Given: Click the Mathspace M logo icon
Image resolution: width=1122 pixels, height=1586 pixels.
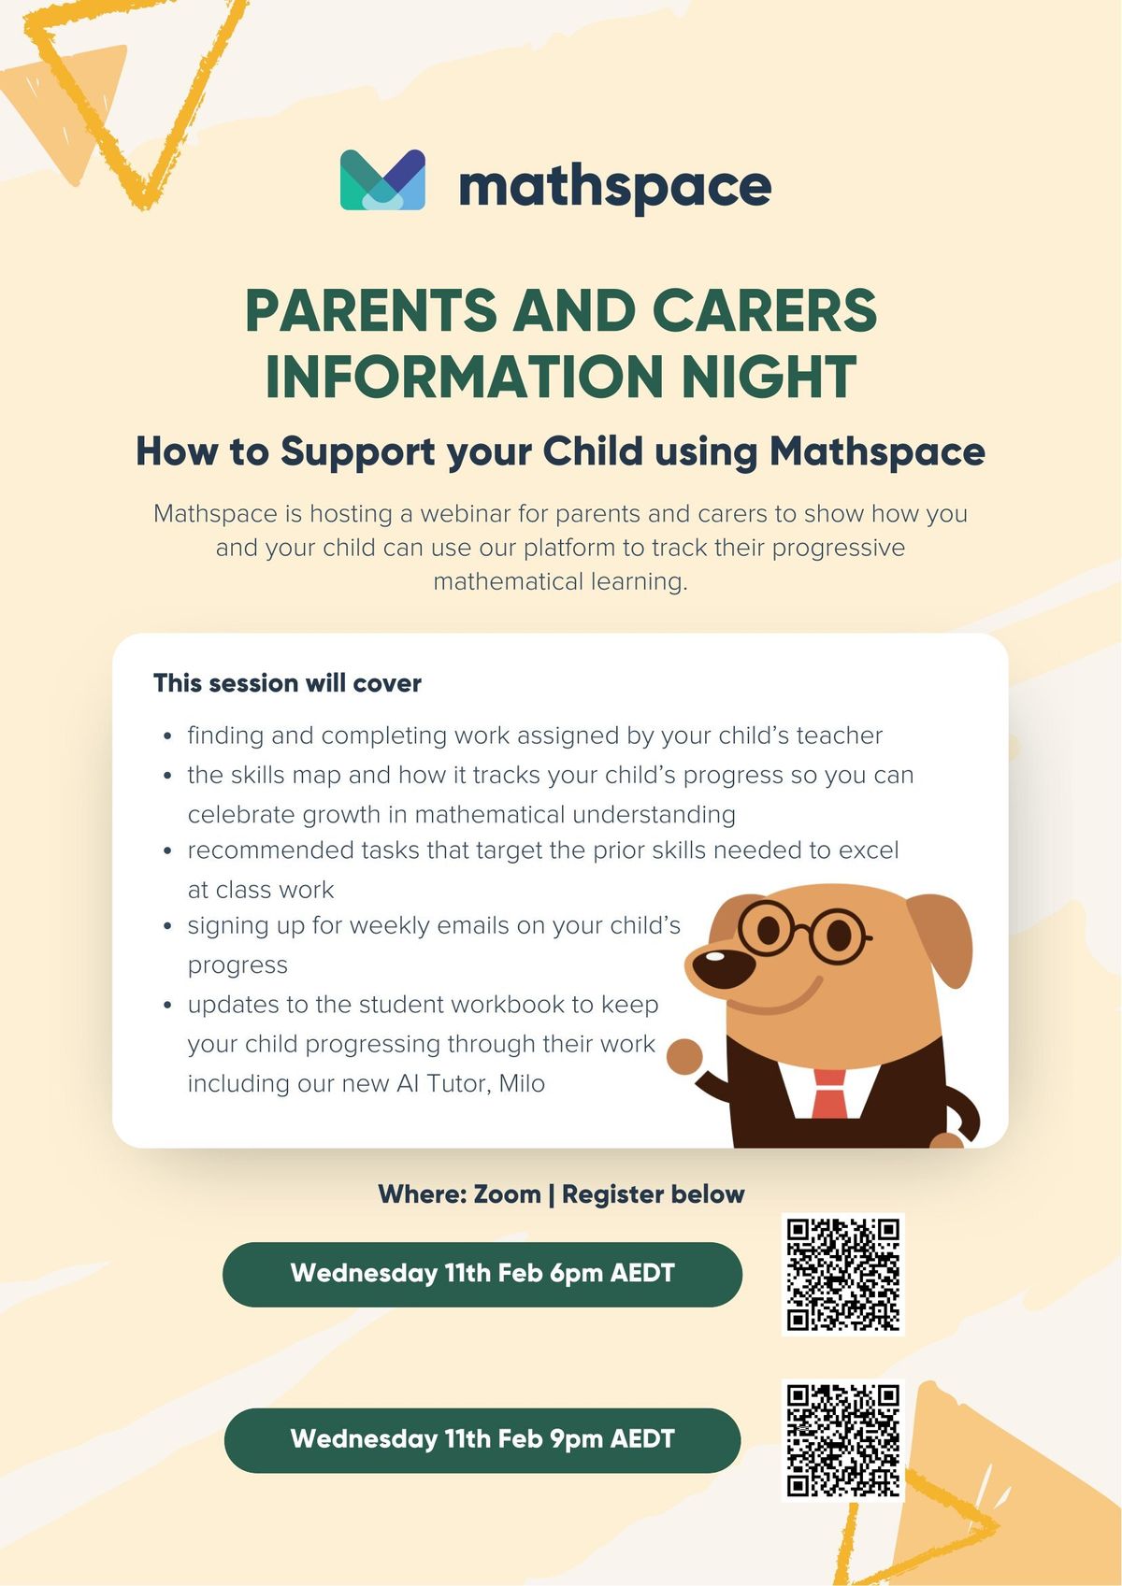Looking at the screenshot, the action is pos(382,179).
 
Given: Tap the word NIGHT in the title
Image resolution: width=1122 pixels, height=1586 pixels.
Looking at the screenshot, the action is pos(770,376).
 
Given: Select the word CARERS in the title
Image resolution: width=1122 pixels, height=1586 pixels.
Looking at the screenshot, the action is pos(764,310).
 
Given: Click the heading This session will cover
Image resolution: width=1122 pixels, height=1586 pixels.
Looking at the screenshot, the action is pos(288,683).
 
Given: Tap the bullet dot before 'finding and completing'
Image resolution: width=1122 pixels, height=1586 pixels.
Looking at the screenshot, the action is pos(168,737).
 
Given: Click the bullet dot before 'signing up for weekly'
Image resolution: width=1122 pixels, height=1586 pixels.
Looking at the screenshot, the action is pos(168,927).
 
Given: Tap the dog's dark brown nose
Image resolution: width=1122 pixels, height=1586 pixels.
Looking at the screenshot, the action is pos(723,966).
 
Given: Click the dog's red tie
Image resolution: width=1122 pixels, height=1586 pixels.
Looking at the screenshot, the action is pos(829,1093).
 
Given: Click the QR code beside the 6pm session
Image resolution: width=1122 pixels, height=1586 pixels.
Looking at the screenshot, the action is pos(843,1275).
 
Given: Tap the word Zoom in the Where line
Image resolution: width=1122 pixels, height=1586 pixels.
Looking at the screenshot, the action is pos(507,1194).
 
